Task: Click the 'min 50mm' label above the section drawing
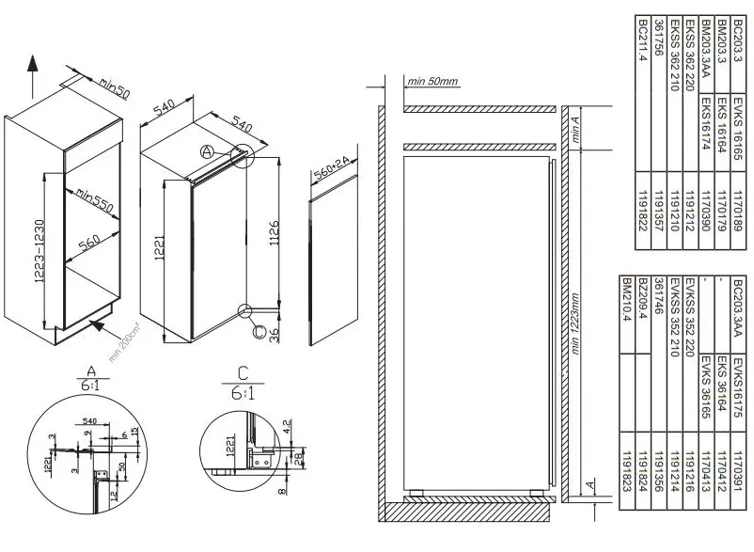click(x=432, y=82)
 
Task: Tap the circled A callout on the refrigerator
click(x=207, y=151)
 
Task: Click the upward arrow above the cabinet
click(x=31, y=72)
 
